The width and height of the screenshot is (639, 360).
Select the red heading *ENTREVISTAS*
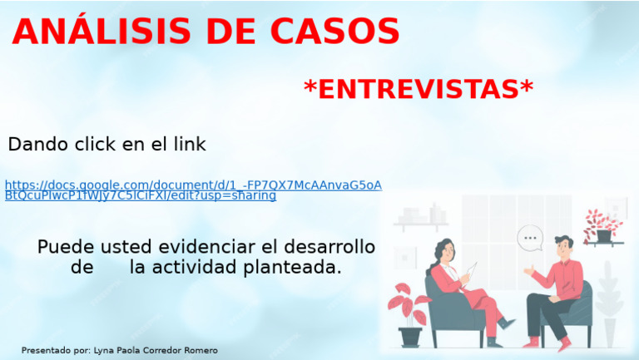coord(418,89)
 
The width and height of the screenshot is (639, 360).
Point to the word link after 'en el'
coord(189,145)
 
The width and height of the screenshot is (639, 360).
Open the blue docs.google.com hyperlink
coord(192,185)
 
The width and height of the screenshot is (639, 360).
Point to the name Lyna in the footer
coord(106,351)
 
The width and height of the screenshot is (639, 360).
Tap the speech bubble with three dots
coord(529,239)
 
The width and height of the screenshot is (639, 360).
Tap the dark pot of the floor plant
coord(410,336)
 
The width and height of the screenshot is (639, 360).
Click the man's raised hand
coord(528,270)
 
